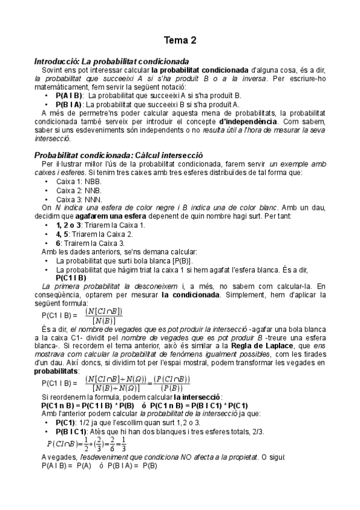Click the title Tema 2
[180, 41]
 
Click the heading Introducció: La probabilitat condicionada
[112, 61]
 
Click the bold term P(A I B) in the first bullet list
[69, 95]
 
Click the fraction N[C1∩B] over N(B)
[104, 315]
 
